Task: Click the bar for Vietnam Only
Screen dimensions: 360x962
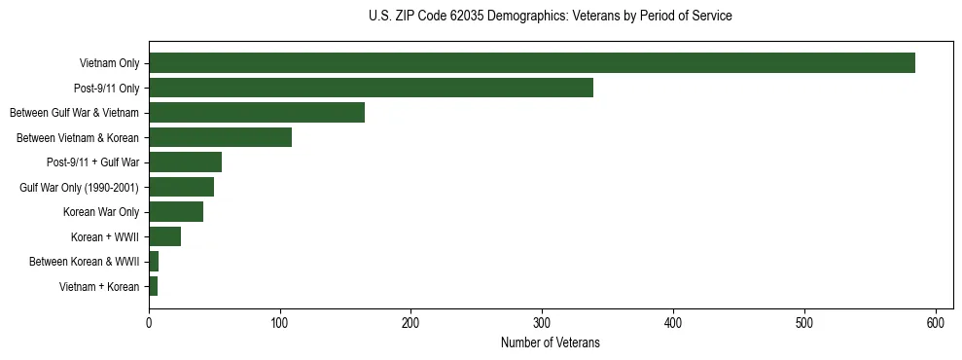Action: click(x=532, y=63)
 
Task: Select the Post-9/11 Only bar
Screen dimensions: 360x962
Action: click(x=371, y=88)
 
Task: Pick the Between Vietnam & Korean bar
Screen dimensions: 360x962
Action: click(x=220, y=137)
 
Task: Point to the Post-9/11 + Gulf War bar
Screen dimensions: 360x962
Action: click(x=185, y=162)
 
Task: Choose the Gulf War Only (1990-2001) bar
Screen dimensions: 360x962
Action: click(x=181, y=187)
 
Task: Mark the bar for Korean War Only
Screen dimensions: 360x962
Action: click(x=176, y=212)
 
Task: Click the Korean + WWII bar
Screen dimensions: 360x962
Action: click(x=164, y=236)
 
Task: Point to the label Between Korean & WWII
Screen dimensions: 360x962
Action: click(x=85, y=262)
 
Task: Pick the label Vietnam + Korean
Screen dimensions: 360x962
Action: click(x=99, y=286)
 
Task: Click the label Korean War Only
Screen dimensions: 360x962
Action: click(x=101, y=212)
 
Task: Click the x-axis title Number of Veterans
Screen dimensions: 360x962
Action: click(x=550, y=343)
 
